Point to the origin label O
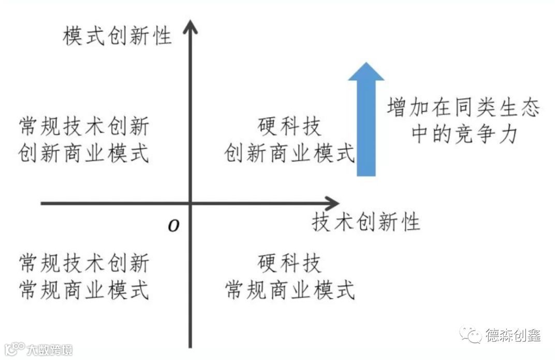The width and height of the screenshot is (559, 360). pos(174,226)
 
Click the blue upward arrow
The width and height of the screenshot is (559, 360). pos(366,119)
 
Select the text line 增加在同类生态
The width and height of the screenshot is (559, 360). pos(463,109)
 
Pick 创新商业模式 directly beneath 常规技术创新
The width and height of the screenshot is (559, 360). pos(84,153)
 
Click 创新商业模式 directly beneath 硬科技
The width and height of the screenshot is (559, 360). pos(289,153)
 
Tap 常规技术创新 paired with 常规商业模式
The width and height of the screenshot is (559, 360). pos(84,263)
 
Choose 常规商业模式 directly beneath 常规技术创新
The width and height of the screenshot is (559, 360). pos(84,290)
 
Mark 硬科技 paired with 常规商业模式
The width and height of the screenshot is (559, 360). pos(289,263)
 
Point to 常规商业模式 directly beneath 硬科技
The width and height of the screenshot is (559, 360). pos(289,290)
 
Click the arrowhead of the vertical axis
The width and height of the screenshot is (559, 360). pos(191,26)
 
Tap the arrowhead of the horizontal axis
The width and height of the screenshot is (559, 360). pos(331,203)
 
